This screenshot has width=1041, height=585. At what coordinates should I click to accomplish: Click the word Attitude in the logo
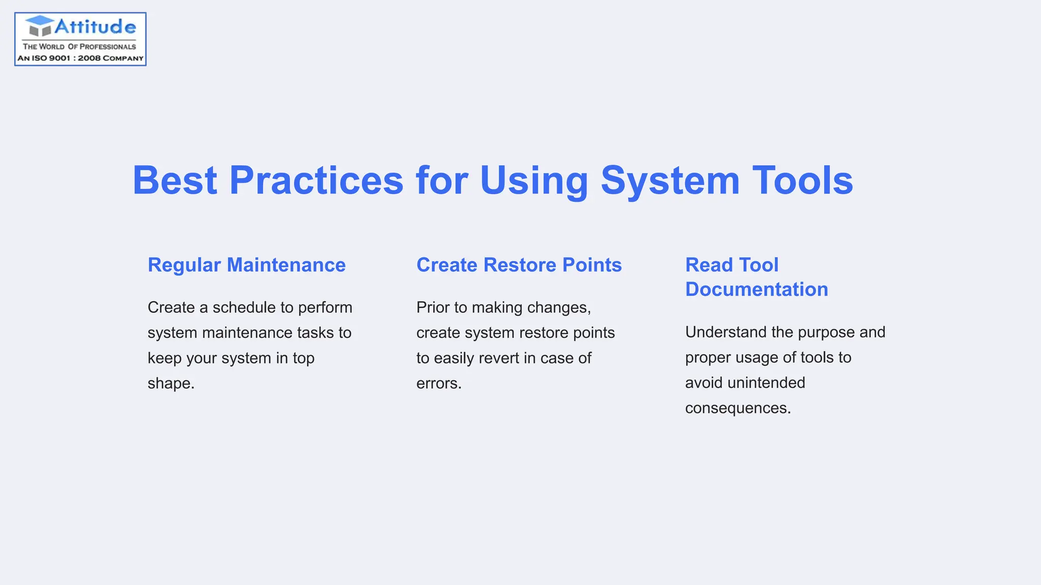(95, 26)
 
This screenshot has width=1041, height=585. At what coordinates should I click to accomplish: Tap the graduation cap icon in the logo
(40, 26)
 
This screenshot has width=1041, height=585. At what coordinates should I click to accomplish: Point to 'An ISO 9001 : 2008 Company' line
(80, 58)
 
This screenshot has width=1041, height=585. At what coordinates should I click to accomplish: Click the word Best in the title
(175, 180)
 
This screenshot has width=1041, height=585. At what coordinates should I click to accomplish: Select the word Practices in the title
(316, 180)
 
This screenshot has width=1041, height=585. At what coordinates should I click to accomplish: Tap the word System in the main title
(670, 180)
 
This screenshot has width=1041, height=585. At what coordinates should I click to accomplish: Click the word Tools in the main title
(803, 180)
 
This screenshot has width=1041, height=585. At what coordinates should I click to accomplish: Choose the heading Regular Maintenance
(247, 265)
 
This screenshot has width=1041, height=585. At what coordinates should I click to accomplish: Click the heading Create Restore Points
(519, 265)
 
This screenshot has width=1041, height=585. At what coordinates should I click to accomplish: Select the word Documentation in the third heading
(756, 289)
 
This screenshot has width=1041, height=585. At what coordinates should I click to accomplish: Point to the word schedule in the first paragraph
(244, 308)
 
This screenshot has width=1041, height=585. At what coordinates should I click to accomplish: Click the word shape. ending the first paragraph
(171, 383)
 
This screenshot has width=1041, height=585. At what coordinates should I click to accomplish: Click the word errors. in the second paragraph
(439, 383)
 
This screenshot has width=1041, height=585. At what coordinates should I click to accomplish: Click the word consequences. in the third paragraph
(738, 408)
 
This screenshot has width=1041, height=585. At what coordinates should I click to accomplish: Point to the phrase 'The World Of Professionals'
(79, 46)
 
